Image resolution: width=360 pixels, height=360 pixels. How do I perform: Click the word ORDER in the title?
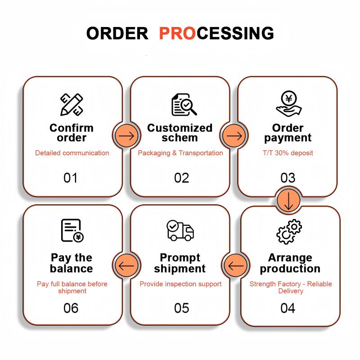tap(117, 33)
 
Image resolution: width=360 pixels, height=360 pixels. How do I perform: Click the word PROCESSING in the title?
tap(216, 33)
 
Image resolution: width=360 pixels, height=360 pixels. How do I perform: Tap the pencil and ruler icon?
tap(72, 104)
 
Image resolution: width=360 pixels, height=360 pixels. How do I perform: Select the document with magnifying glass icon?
tap(184, 104)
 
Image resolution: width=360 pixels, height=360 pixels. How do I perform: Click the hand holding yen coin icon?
tap(289, 104)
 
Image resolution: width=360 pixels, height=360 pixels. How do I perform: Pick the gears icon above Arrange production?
tap(289, 231)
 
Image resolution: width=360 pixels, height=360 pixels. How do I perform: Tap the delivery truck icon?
tap(180, 230)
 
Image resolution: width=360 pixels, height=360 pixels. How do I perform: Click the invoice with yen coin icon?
tap(72, 230)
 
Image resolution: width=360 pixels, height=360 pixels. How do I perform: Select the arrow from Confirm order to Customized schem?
tap(126, 136)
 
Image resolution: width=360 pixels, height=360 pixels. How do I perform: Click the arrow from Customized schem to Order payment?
tap(234, 136)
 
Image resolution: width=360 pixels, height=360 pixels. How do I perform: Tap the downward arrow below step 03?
tap(288, 201)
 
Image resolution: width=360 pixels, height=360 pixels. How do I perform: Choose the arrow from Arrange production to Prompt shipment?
tap(236, 266)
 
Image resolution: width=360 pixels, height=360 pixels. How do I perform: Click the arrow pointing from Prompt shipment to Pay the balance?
tap(126, 266)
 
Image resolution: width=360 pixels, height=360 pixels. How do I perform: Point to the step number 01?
tap(70, 178)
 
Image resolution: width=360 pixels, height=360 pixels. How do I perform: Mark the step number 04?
tap(288, 308)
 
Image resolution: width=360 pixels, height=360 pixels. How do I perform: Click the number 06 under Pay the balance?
tap(71, 308)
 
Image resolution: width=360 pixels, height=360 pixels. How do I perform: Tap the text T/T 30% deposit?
tap(288, 153)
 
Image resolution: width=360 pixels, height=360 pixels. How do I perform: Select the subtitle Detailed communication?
tap(72, 153)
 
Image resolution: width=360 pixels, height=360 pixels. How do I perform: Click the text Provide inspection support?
tap(180, 284)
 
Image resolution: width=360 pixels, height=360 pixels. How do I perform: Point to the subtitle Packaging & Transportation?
tap(180, 153)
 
